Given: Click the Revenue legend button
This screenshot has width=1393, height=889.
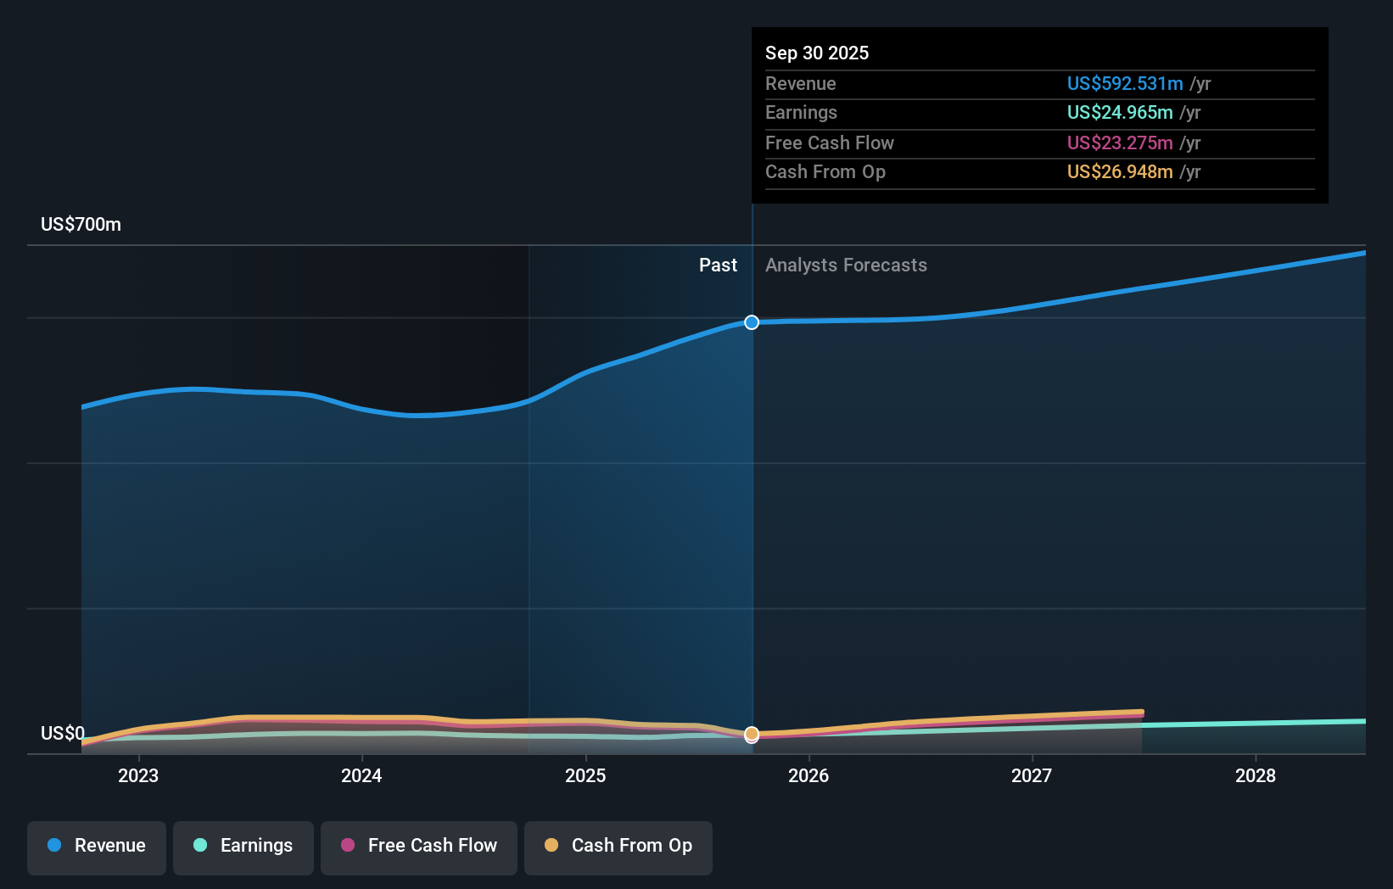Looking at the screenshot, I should click(97, 846).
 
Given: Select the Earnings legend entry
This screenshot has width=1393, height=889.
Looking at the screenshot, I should click(243, 846).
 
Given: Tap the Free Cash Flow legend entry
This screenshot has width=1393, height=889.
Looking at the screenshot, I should click(419, 846).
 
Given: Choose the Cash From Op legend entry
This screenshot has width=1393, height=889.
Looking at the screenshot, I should click(618, 846).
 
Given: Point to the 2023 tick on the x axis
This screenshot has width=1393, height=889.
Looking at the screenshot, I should click(138, 775).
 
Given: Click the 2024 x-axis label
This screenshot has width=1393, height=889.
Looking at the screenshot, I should click(361, 775).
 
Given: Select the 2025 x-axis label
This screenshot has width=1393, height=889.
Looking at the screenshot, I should click(585, 775).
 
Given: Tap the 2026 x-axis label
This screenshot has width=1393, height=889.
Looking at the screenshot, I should click(808, 775).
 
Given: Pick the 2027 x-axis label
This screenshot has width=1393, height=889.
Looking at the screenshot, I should click(1032, 775).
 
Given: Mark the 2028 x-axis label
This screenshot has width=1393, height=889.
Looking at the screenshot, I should click(1256, 775).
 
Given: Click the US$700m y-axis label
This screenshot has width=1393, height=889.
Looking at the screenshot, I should click(81, 225).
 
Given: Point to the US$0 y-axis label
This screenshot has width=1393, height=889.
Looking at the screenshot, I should click(63, 733).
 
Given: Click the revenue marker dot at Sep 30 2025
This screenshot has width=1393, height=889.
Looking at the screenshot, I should click(752, 322).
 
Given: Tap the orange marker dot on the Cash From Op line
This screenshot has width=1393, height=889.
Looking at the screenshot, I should click(752, 733).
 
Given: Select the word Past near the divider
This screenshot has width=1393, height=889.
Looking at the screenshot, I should click(718, 266).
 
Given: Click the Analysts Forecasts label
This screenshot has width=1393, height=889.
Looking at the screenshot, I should click(846, 266).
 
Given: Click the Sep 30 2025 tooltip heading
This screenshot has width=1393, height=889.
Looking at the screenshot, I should click(817, 53).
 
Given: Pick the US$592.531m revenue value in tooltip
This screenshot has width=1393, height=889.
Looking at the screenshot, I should click(1124, 84).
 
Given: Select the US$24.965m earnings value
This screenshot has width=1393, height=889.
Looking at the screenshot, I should click(1119, 113).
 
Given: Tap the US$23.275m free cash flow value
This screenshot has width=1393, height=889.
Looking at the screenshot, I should click(1119, 143).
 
